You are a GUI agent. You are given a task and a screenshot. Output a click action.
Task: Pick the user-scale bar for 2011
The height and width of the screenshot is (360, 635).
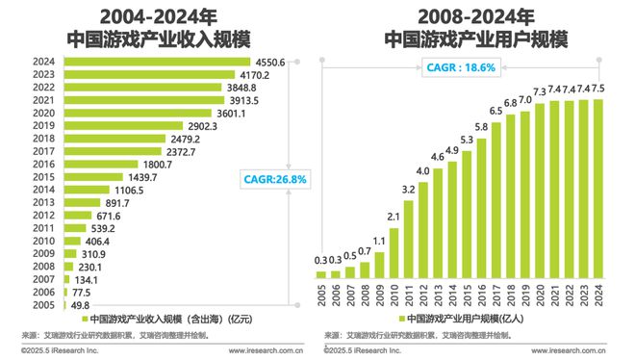pos(408,239)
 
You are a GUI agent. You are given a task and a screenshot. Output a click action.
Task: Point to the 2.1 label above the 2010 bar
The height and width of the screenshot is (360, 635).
pos(393,216)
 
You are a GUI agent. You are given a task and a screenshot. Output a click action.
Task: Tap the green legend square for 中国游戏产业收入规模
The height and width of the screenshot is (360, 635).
pos(85,319)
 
